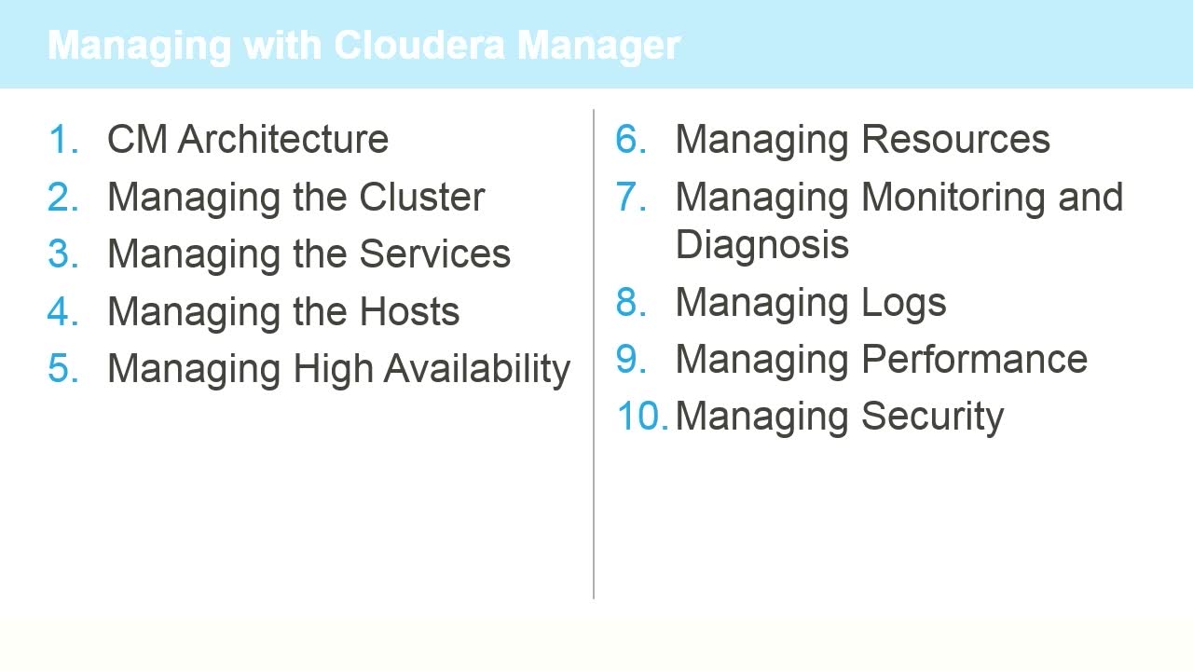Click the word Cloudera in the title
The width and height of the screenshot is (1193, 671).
click(419, 46)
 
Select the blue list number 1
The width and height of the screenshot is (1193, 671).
click(63, 140)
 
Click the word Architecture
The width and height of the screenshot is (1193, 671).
click(282, 140)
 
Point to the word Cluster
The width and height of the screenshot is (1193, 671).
click(422, 197)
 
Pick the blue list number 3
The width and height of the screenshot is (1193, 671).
click(63, 254)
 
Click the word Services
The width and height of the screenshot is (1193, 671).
click(434, 254)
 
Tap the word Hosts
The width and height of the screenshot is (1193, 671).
click(409, 311)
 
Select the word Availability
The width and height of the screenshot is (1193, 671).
click(476, 369)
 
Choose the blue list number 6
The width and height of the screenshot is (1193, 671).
click(631, 140)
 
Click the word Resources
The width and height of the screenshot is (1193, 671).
click(955, 140)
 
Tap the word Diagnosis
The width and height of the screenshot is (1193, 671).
click(761, 245)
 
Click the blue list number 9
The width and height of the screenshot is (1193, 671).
click(631, 360)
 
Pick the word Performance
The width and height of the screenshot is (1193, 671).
click(974, 360)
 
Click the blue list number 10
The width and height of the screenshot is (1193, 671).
click(642, 417)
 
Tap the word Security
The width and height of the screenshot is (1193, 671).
click(933, 418)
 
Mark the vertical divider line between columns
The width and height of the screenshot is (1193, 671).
click(594, 354)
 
